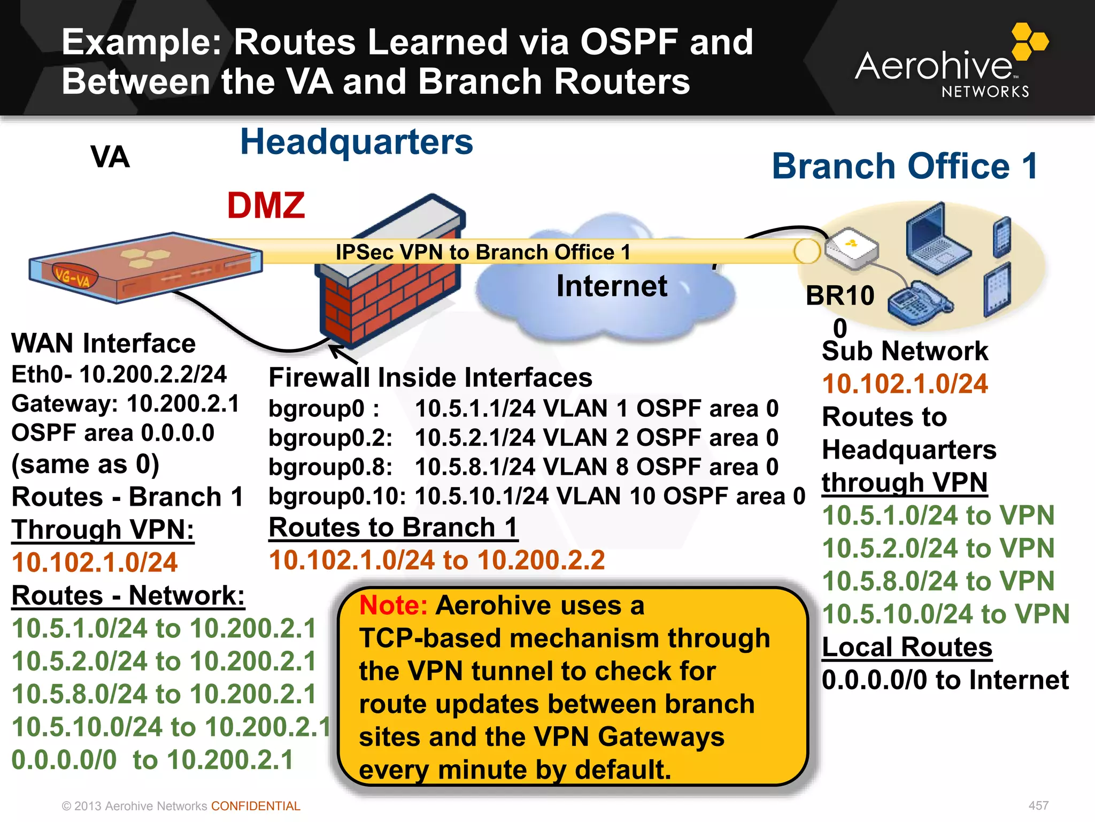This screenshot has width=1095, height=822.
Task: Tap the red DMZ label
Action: coord(266,205)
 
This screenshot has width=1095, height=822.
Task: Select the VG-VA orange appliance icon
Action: coord(144,268)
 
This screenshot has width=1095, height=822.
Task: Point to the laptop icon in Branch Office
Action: coord(936,241)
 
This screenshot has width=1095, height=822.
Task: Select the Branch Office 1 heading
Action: coord(905,166)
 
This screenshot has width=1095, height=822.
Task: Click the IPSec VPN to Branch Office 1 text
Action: coord(482,252)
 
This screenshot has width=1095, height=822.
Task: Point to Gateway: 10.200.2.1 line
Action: coord(126,404)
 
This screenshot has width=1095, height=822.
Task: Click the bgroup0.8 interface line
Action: coord(523,467)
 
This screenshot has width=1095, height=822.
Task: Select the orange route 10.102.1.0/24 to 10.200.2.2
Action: coord(437,560)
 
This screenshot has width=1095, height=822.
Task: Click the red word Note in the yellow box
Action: coord(393,606)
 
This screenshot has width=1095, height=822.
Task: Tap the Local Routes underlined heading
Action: coord(907,647)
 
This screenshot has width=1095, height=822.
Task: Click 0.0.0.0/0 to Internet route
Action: coord(945,680)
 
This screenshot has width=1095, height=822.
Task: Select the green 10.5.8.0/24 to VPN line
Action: coord(938,581)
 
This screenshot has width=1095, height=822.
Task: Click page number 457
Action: coord(1038,805)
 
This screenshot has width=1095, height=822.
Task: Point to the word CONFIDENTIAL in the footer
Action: coord(256,806)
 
